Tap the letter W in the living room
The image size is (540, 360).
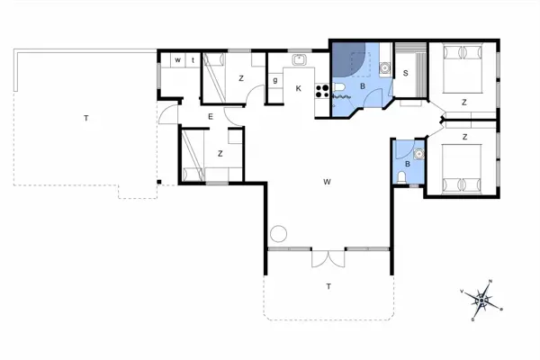pyautogui.click(x=327, y=182)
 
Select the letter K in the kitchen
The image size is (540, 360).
pyautogui.click(x=298, y=87)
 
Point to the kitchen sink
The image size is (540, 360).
pyautogui.click(x=299, y=61)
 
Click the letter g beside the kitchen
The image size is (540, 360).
pyautogui.click(x=274, y=80)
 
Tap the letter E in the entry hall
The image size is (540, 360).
pyautogui.click(x=209, y=116)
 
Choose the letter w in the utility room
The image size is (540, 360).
pyautogui.click(x=177, y=59)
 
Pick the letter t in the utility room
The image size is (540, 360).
pyautogui.click(x=192, y=59)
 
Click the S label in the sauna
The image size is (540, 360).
pyautogui.click(x=405, y=73)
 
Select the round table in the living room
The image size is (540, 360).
pyautogui.click(x=278, y=233)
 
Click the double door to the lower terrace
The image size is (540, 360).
pyautogui.click(x=328, y=258)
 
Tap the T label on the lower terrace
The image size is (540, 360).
pyautogui.click(x=328, y=286)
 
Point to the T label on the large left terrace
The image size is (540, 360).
pyautogui.click(x=86, y=118)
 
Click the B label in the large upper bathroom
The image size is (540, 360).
pyautogui.click(x=363, y=86)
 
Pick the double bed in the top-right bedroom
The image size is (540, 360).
pyautogui.click(x=464, y=68)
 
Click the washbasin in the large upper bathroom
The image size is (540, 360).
pyautogui.click(x=384, y=66)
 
